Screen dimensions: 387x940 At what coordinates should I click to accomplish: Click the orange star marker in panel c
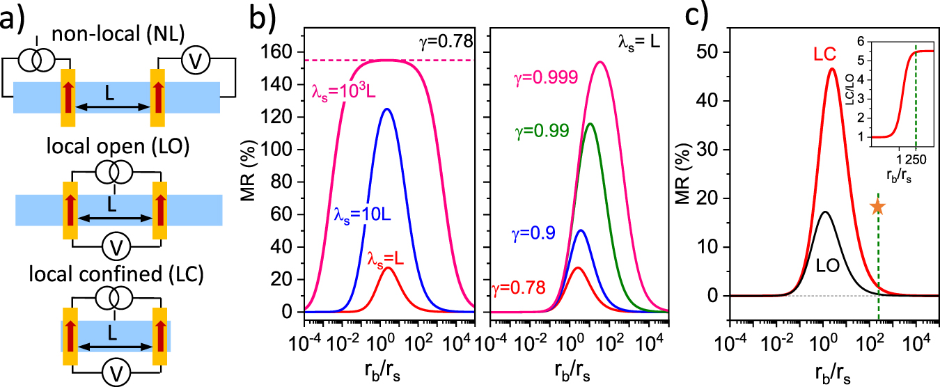(877, 207)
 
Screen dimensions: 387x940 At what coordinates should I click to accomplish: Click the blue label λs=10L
(359, 213)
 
